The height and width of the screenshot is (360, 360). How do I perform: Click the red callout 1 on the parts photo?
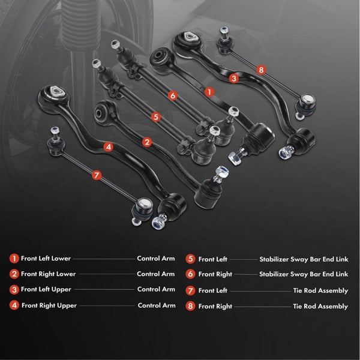(209, 92)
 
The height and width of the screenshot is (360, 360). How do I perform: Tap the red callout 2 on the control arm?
(147, 142)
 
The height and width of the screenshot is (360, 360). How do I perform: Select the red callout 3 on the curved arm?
(234, 79)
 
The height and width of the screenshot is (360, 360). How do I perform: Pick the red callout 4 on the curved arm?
(109, 147)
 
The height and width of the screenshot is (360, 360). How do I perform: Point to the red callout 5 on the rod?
(155, 117)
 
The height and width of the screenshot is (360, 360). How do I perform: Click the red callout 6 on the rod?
(173, 95)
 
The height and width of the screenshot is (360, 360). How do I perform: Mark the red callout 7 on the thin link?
(97, 175)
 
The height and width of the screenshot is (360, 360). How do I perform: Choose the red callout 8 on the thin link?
(261, 70)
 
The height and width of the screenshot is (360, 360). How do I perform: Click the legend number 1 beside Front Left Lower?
(14, 259)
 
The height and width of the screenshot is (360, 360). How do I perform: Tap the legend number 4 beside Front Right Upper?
(14, 305)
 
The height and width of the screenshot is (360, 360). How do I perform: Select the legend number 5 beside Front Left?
(190, 259)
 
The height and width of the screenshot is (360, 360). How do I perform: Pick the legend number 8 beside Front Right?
(190, 306)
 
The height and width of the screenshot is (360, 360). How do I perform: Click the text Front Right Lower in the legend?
(48, 274)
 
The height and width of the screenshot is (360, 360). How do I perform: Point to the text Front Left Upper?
(46, 290)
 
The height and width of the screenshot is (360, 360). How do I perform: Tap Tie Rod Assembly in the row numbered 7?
(320, 290)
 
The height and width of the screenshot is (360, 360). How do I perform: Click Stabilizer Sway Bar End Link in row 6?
(304, 274)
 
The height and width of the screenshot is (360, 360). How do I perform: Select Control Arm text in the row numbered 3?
(156, 289)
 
